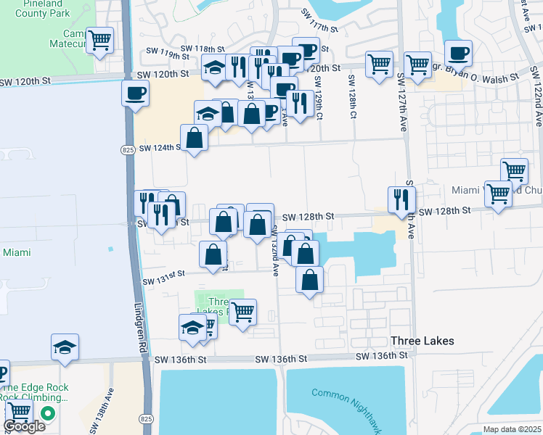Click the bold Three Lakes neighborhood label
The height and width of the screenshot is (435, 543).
point(422,341)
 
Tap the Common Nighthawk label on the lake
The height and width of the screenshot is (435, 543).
point(346,394)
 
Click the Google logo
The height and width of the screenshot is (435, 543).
point(24,426)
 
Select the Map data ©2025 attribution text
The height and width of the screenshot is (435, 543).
point(513,429)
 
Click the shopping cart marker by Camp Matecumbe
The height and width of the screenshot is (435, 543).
point(99,40)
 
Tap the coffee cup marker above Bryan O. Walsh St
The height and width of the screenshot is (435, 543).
point(458,53)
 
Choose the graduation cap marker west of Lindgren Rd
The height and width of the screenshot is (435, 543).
point(65,347)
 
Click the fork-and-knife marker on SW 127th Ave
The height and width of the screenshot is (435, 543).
point(401,199)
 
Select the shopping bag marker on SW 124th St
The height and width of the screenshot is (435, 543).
point(195,137)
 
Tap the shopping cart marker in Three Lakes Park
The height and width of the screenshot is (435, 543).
point(243,312)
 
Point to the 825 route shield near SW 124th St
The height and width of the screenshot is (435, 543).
point(128,149)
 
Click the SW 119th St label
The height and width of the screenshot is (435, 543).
point(163,53)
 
